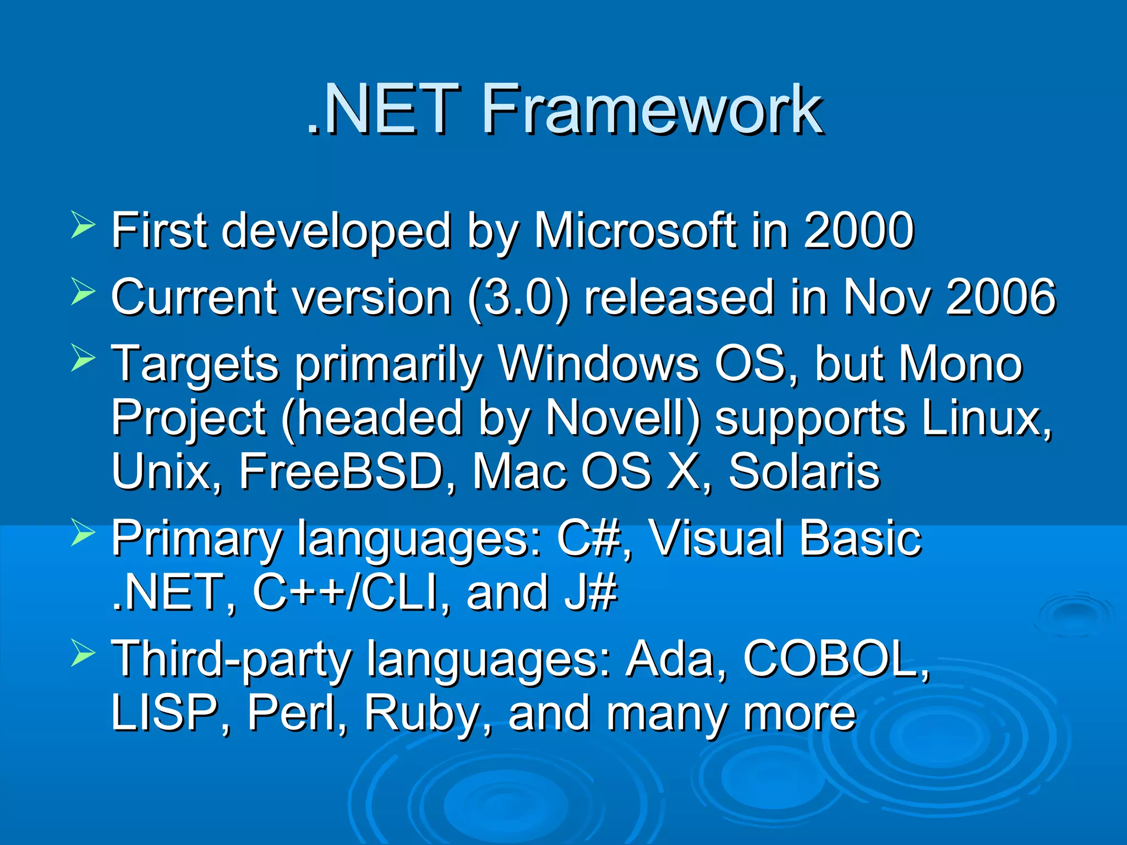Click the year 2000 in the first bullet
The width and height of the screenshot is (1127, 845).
pos(858,231)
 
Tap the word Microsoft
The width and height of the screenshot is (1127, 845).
pos(636,231)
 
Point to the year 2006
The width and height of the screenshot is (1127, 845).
pos(1000,297)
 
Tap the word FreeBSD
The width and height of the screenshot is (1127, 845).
pos(341,471)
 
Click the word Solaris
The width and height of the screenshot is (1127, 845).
pos(804,471)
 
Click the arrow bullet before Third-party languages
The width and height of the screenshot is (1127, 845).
pos(83,655)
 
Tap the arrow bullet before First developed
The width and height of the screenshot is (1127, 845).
pos(83,226)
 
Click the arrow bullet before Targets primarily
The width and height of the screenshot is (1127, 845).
pos(83,360)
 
